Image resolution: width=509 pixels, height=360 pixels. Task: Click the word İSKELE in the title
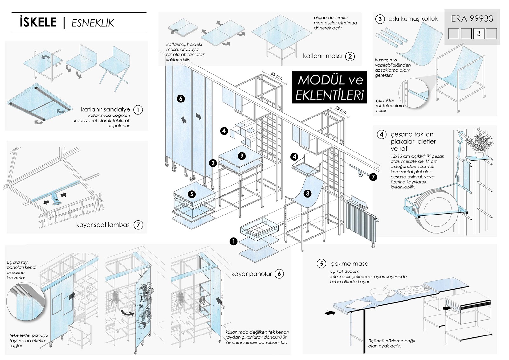point(38,22)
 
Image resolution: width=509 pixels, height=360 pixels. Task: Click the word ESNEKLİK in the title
point(93,23)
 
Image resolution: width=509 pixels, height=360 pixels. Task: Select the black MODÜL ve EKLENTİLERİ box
point(330,88)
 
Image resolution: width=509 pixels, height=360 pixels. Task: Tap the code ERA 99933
point(472,19)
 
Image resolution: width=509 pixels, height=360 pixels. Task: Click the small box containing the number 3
point(478,33)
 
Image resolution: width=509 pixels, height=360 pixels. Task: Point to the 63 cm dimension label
point(276,76)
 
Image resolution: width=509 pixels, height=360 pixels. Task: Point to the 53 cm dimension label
point(341,110)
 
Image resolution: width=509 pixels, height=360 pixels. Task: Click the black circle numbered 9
point(242,156)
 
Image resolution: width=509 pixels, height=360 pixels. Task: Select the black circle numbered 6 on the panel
point(181,99)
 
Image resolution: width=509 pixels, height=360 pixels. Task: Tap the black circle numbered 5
point(192,194)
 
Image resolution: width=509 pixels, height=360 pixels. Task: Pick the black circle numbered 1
point(234,242)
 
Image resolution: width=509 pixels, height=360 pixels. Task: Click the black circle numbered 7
point(373,177)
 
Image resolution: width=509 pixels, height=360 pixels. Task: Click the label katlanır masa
point(322,56)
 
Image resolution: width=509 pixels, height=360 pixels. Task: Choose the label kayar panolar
point(251,274)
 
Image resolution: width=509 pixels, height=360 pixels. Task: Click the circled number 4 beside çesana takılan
point(381,134)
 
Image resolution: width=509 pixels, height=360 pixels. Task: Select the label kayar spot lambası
point(103,225)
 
